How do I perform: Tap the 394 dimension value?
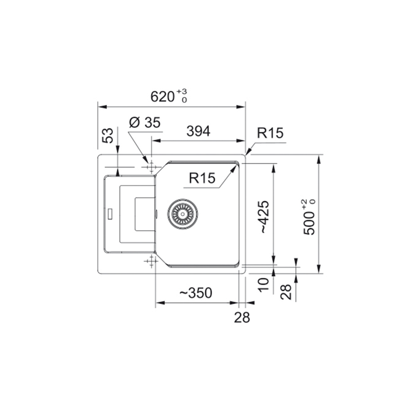198,131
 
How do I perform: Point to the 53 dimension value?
108,136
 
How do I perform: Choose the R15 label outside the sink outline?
270,133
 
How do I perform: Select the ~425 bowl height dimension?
264,216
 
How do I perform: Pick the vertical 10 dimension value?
263,284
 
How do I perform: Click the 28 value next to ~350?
242,317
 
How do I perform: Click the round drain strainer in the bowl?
183,214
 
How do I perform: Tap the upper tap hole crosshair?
150,167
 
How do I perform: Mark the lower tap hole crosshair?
150,262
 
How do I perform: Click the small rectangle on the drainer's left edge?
110,213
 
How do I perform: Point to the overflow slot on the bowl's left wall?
157,213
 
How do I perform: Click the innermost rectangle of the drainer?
144,213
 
